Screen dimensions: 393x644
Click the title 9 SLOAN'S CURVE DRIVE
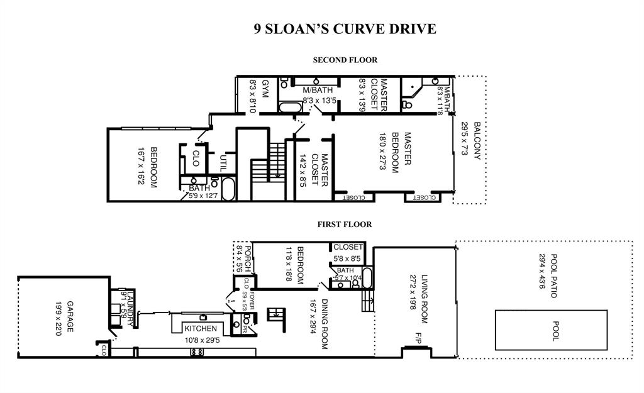(345, 29)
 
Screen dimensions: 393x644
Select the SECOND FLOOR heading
(345, 60)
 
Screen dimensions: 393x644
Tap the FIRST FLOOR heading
(344, 224)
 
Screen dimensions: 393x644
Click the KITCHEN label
(201, 328)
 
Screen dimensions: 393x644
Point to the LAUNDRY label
(130, 307)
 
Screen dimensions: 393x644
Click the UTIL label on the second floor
(223, 163)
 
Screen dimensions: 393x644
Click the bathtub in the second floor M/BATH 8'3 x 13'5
(290, 108)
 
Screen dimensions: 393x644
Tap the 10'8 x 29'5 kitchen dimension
(201, 341)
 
